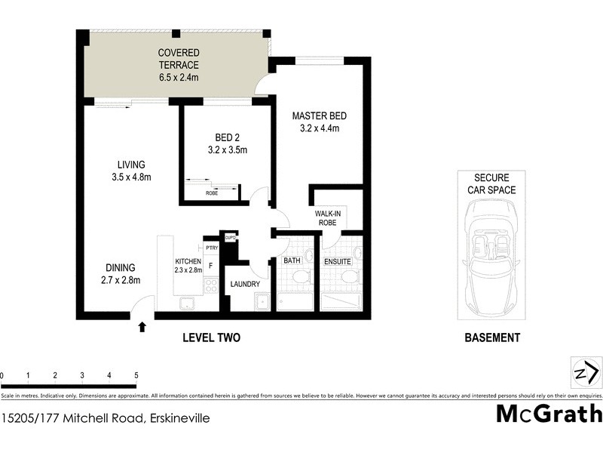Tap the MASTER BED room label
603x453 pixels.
[320, 116]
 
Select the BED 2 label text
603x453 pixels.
[227, 137]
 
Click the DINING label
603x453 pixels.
[121, 267]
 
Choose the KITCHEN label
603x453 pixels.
[188, 261]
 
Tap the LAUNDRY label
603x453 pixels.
[245, 284]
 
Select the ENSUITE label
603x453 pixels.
[338, 261]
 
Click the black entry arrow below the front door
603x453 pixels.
[142, 326]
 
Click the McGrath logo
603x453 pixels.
[549, 414]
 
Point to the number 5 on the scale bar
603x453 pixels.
[136, 375]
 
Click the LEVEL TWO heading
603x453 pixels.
[212, 337]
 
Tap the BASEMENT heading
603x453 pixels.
[492, 337]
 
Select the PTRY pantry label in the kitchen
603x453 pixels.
[211, 247]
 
